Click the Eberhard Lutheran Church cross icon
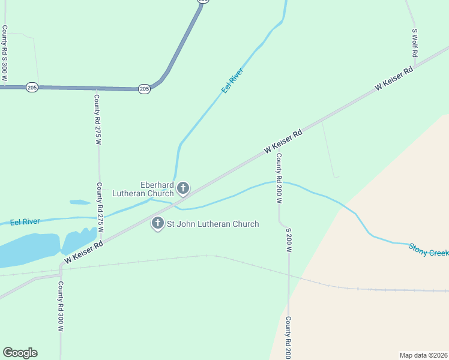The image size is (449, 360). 183,189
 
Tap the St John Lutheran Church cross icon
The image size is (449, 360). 158,224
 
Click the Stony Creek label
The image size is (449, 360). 429,250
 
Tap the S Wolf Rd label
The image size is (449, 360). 414,43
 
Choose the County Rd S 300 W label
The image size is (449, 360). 5,53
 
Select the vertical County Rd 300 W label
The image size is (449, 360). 61,306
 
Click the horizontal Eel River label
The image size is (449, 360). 25,221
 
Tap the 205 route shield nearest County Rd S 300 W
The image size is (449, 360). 32,88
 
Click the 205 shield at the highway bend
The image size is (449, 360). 144,89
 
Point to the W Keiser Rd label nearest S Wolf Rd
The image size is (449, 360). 394,79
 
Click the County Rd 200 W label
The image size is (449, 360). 279,177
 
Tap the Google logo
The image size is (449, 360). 20,353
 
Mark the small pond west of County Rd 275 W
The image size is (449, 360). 80,202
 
